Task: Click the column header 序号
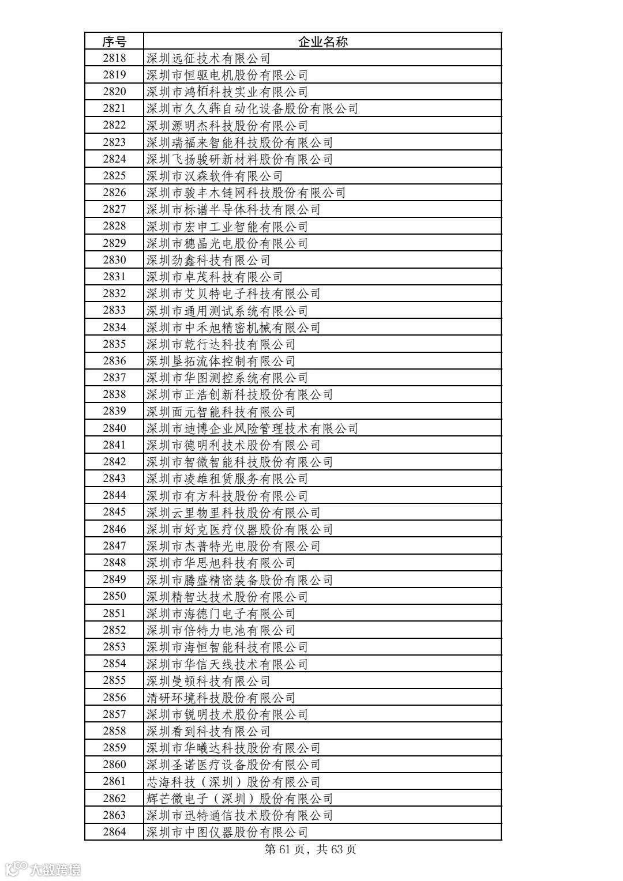[114, 41]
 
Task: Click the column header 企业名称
[322, 41]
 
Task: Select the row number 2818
[114, 58]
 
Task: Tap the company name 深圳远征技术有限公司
[208, 58]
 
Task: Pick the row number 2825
[114, 175]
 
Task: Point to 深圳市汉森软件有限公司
[214, 176]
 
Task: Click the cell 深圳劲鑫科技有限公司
[208, 260]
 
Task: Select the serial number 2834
[114, 327]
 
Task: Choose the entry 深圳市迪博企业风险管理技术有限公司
[252, 428]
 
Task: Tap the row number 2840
[114, 428]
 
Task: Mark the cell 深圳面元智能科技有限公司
[220, 412]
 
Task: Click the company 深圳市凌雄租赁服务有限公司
[227, 479]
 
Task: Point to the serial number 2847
[114, 545]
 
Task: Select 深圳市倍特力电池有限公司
[220, 630]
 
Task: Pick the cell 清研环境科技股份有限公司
[220, 698]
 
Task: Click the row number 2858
[114, 731]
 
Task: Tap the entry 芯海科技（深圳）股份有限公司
[233, 782]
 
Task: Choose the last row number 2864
[114, 831]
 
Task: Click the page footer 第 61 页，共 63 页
[310, 849]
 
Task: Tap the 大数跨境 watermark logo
[43, 868]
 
